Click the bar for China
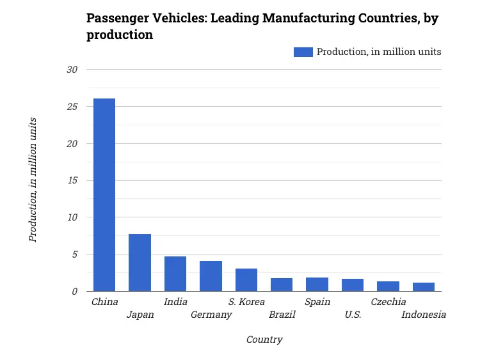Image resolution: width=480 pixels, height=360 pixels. coord(104,195)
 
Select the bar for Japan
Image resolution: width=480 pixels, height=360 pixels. coord(140,263)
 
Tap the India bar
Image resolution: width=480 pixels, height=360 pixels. coord(175,274)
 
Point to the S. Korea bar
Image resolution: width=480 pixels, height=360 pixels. coord(246,280)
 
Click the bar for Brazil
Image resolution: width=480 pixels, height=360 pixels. coord(282,285)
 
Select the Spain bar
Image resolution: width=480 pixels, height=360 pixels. coord(317,285)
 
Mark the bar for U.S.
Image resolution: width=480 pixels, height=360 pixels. coord(353,285)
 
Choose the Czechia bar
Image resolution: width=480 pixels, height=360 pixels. coord(388,286)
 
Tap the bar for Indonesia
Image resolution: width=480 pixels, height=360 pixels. coord(424,287)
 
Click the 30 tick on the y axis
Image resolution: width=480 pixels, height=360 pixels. coord(72,69)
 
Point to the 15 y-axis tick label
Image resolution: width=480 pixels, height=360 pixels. coord(72,180)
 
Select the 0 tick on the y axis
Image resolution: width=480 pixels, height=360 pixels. coord(74,291)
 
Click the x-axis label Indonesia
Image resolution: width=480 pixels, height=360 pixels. coord(424,315)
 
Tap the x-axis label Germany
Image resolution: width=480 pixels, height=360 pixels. coord(211,315)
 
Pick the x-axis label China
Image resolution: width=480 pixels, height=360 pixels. coord(104,302)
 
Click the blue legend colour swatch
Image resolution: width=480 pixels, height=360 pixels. coord(303,52)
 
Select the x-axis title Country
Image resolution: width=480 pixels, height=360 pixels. coord(264,340)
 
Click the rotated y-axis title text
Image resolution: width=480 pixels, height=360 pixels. coord(33,180)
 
